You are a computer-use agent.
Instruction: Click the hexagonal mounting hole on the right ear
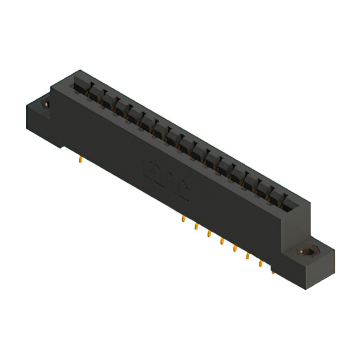pyautogui.click(x=307, y=252)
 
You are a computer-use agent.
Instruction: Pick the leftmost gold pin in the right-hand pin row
pyautogui.click(x=183, y=219)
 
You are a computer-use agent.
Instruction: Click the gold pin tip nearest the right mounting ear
pyautogui.click(x=273, y=272)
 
